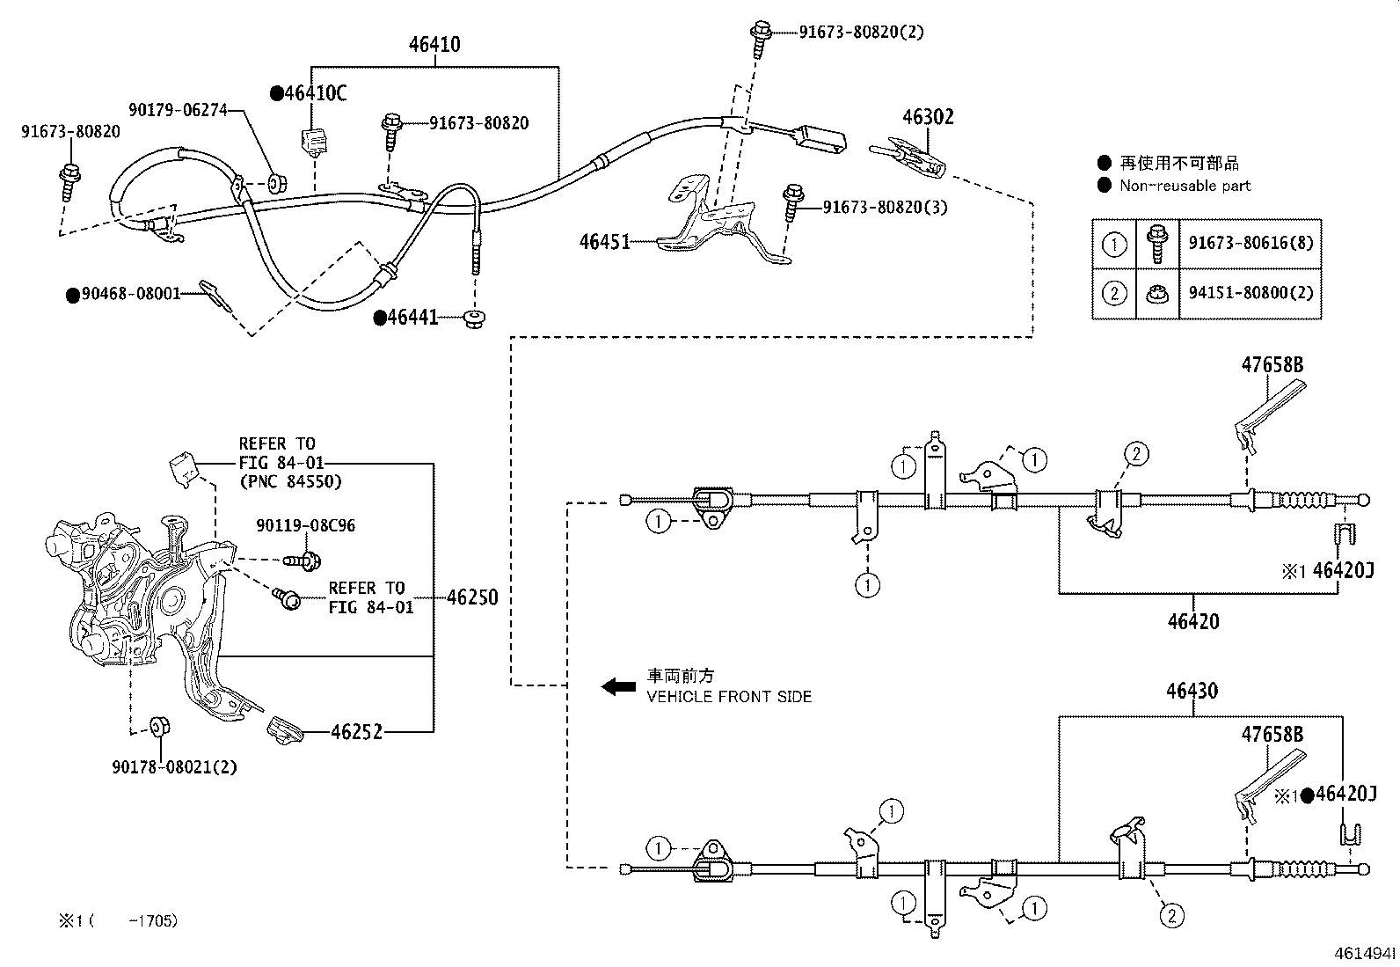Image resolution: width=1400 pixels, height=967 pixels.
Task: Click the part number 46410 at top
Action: pyautogui.click(x=434, y=44)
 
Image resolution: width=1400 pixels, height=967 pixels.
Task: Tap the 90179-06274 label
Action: pyautogui.click(x=178, y=110)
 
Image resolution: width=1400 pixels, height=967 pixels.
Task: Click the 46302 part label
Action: pyautogui.click(x=928, y=117)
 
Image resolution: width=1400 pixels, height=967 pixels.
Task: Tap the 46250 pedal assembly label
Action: pyautogui.click(x=472, y=598)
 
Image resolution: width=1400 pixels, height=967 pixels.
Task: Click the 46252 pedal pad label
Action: pyautogui.click(x=356, y=731)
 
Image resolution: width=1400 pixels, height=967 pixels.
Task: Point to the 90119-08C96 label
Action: pyautogui.click(x=306, y=526)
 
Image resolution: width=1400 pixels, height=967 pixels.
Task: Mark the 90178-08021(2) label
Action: pyautogui.click(x=174, y=767)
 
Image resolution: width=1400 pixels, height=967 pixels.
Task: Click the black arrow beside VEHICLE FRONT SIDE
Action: pyautogui.click(x=618, y=686)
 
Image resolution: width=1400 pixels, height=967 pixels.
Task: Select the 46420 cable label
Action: pyautogui.click(x=1193, y=621)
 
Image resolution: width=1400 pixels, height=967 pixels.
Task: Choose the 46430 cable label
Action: pyautogui.click(x=1192, y=691)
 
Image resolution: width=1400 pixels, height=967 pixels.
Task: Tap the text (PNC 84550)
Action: pyautogui.click(x=290, y=481)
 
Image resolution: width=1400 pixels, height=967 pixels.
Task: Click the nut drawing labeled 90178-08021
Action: pyautogui.click(x=160, y=727)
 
